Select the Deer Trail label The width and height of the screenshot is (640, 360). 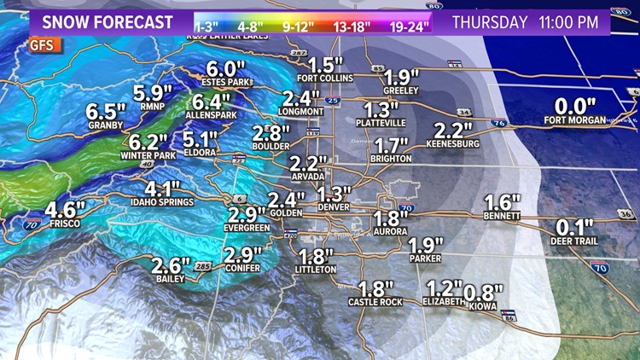(x=573, y=241)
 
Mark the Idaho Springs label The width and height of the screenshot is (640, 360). (x=162, y=202)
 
